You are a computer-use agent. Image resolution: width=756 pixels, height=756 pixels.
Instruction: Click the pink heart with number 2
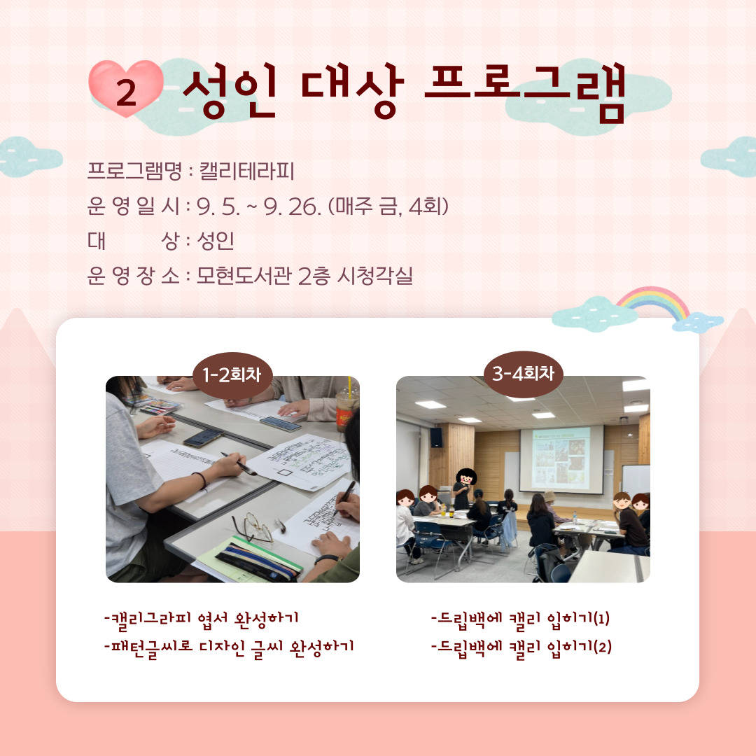point(126,89)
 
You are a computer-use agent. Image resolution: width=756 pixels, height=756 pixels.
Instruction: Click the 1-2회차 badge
point(232,375)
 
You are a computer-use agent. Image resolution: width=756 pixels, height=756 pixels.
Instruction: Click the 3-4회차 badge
point(523,374)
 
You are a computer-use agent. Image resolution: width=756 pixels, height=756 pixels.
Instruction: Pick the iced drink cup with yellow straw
point(346,409)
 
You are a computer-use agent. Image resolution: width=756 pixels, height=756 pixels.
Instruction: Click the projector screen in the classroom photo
point(561,458)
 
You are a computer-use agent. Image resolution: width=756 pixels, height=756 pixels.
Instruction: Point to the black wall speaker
point(436,437)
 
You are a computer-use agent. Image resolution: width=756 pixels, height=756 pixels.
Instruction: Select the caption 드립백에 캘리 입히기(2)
point(521,646)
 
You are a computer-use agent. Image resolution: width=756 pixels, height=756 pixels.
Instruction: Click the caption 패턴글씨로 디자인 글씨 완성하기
point(228,646)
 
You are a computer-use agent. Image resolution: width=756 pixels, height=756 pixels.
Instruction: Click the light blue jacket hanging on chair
point(508,529)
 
